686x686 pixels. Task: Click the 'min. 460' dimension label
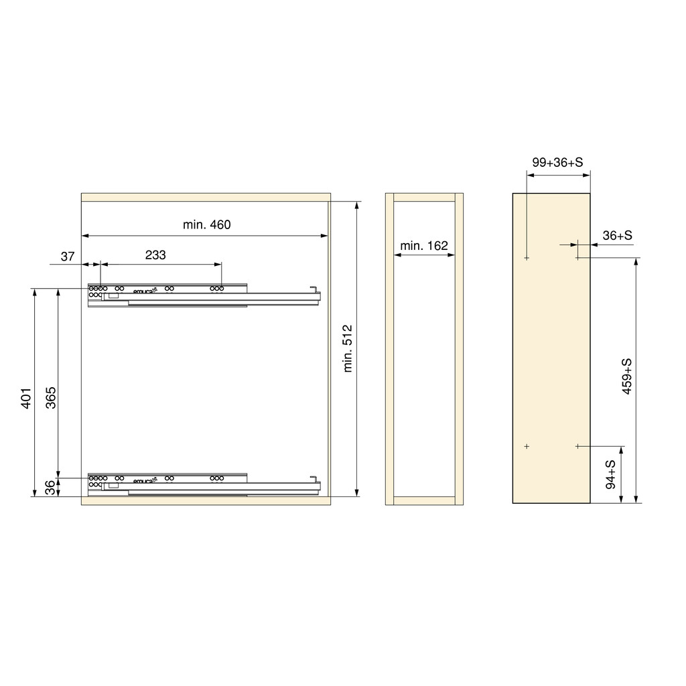pyautogui.click(x=206, y=225)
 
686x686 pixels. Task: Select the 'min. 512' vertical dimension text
pyautogui.click(x=347, y=348)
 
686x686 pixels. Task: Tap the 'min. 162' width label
pyautogui.click(x=423, y=246)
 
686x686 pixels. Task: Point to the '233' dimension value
pyautogui.click(x=155, y=255)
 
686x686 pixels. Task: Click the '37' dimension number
pyautogui.click(x=68, y=256)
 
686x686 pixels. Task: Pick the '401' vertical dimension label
pyautogui.click(x=26, y=398)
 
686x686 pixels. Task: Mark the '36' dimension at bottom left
pyautogui.click(x=51, y=488)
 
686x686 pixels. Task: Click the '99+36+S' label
pyautogui.click(x=557, y=163)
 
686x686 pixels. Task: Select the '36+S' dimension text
pyautogui.click(x=617, y=235)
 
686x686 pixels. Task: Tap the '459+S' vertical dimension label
pyautogui.click(x=626, y=376)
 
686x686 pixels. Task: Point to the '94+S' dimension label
pyautogui.click(x=610, y=474)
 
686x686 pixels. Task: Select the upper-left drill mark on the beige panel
pyautogui.click(x=527, y=258)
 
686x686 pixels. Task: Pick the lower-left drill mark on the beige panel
pyautogui.click(x=527, y=446)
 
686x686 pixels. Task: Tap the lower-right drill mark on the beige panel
pyautogui.click(x=577, y=446)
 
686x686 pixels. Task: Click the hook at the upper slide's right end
pyautogui.click(x=313, y=288)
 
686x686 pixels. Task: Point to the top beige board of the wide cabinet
pyautogui.click(x=206, y=197)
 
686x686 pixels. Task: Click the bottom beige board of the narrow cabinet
pyautogui.click(x=423, y=500)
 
